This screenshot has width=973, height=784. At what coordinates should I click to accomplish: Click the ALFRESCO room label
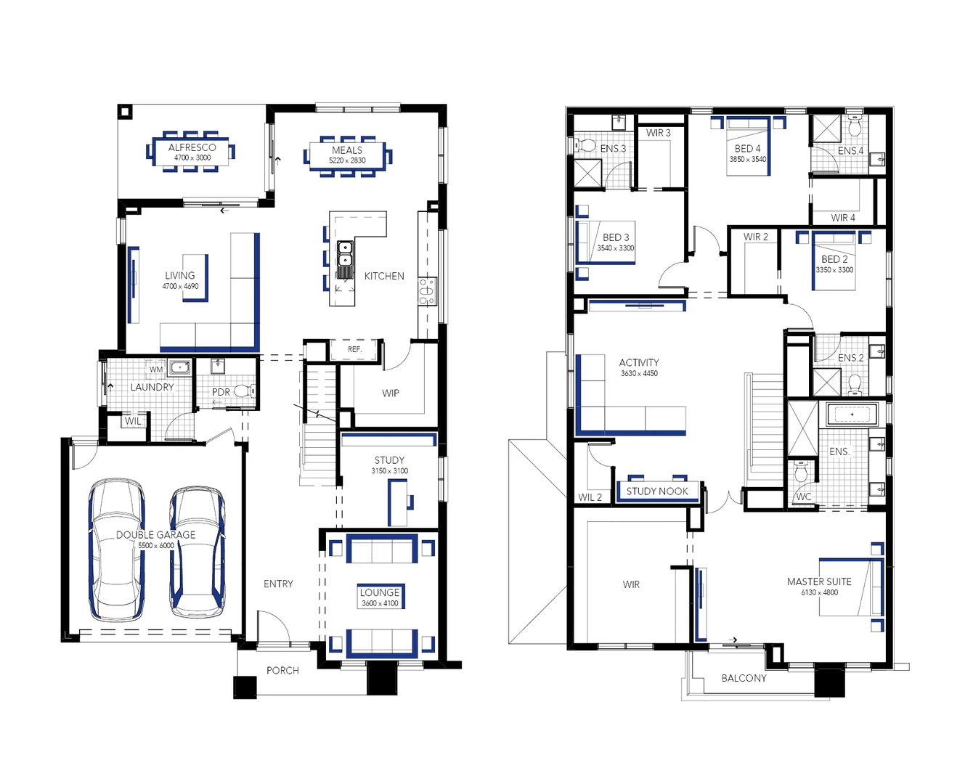point(192,147)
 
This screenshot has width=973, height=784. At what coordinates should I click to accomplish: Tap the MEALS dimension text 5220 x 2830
point(347,160)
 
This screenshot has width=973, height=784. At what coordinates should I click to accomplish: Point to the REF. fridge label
point(354,349)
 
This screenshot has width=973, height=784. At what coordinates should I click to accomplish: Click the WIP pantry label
point(391,393)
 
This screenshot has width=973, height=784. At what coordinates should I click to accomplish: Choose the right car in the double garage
point(197,552)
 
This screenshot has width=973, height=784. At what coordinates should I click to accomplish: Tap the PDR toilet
point(244,391)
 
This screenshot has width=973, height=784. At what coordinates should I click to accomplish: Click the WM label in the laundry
point(156,369)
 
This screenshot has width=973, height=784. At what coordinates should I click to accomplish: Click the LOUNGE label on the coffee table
point(380,592)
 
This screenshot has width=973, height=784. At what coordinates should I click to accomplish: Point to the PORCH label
point(282,670)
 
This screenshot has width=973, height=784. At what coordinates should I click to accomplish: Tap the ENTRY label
point(278,584)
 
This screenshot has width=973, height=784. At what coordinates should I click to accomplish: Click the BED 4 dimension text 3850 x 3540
point(747,159)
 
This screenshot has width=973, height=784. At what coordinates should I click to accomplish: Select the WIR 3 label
point(659,133)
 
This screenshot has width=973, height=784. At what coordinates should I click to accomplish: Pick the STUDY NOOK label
point(657,491)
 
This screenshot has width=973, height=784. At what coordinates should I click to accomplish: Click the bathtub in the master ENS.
point(852,415)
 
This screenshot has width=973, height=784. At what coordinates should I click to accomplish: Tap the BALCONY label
point(744,678)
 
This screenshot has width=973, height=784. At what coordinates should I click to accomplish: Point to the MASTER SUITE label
point(819,581)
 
